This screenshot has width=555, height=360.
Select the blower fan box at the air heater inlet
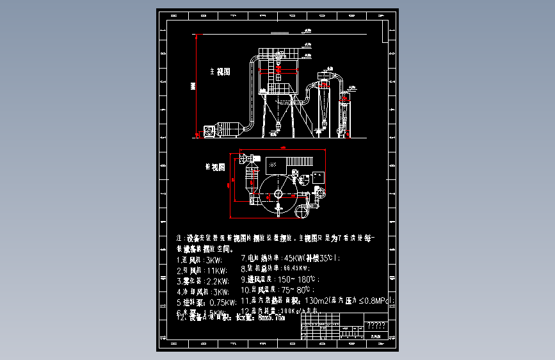point(209,130)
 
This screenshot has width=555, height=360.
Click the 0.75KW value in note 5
point(222,302)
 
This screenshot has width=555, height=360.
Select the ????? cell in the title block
point(378,325)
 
